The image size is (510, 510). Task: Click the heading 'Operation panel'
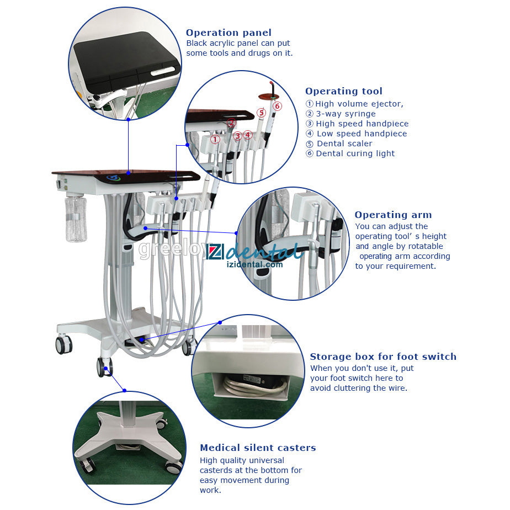pyautogui.click(x=229, y=33)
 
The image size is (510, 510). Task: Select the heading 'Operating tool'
pyautogui.click(x=343, y=92)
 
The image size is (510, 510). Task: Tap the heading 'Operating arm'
pyautogui.click(x=393, y=215)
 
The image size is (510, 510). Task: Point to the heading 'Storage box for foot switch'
pyautogui.click(x=383, y=357)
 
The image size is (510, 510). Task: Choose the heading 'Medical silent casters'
pyautogui.click(x=258, y=448)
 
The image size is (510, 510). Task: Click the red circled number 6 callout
pyautogui.click(x=277, y=106)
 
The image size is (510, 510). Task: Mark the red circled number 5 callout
pyautogui.click(x=262, y=113)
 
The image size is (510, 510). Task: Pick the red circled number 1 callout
pyautogui.click(x=215, y=139)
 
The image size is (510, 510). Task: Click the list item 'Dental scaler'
pyautogui.click(x=344, y=144)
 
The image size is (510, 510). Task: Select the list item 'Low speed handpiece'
pyautogui.click(x=362, y=134)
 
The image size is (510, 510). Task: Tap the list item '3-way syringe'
pyautogui.click(x=346, y=114)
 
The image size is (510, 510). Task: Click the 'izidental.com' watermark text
pyautogui.click(x=254, y=264)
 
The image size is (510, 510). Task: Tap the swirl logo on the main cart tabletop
pyautogui.click(x=114, y=178)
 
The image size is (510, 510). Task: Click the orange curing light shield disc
pyautogui.click(x=269, y=97)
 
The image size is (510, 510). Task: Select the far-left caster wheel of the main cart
pyautogui.click(x=64, y=344)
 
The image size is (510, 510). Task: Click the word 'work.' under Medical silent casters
pyautogui.click(x=210, y=490)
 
